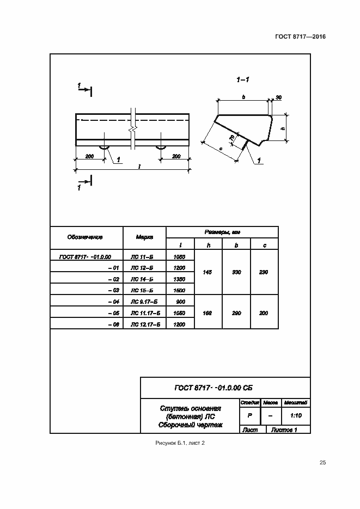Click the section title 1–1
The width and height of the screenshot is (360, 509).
pyautogui.click(x=243, y=80)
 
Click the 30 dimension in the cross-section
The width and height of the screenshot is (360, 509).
pyautogui.click(x=278, y=97)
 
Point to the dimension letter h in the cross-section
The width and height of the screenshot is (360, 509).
pyautogui.click(x=283, y=128)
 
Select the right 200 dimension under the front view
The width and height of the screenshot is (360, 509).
pyautogui.click(x=176, y=156)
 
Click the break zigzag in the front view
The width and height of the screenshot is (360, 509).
pyautogui.click(x=132, y=130)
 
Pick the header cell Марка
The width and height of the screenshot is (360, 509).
pyautogui.click(x=144, y=237)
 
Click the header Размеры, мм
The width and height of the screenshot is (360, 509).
pyautogui.click(x=222, y=232)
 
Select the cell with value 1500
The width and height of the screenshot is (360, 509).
pyautogui.click(x=179, y=290)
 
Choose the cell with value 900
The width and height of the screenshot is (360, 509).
pyautogui.click(x=179, y=302)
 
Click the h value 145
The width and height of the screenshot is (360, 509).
pyautogui.click(x=207, y=272)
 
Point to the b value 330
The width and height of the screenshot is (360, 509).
pyautogui.click(x=236, y=272)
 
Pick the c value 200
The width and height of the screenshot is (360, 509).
pyautogui.click(x=264, y=313)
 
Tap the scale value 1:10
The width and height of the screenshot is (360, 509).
pyautogui.click(x=296, y=415)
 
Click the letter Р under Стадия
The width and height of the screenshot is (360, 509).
pyautogui.click(x=249, y=415)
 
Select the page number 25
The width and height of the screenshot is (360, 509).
pyautogui.click(x=322, y=463)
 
